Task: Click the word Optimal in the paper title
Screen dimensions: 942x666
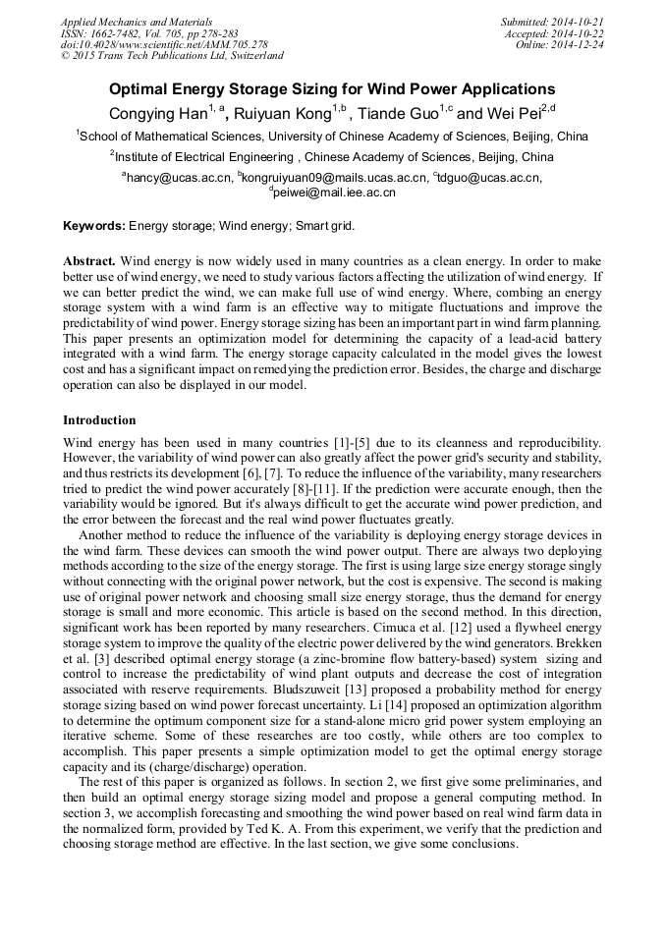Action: pos(139,88)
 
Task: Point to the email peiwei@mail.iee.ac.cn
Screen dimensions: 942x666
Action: pos(334,194)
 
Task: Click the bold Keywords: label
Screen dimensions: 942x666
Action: pos(94,226)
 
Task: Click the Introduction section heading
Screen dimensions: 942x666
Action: pos(99,420)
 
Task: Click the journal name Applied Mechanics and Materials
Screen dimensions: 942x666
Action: pos(137,22)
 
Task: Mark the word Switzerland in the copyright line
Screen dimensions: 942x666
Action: pos(252,57)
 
